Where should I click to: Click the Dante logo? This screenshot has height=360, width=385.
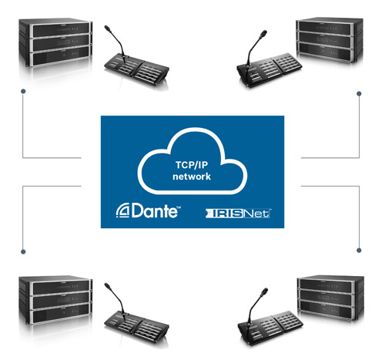point(148,210)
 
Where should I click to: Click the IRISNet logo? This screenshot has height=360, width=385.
point(238,214)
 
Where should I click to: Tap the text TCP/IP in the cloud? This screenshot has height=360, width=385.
point(192,165)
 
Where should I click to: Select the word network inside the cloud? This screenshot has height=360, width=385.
point(192,177)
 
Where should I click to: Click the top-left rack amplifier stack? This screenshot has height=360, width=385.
point(55,42)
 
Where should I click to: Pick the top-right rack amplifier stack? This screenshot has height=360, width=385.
point(330,40)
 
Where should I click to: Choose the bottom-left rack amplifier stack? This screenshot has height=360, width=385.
point(55,300)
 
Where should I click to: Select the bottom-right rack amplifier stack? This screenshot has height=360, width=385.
point(330,298)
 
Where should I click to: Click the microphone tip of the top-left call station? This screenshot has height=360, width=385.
point(106,28)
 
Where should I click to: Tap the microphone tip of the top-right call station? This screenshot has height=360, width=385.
point(264,33)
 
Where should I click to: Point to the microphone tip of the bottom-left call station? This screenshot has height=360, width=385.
point(106,285)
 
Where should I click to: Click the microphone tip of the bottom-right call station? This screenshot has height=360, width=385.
point(265,291)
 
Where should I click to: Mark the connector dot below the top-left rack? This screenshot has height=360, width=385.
point(23,91)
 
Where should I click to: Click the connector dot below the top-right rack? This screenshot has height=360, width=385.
point(359,94)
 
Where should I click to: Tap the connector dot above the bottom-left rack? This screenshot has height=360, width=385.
point(23,251)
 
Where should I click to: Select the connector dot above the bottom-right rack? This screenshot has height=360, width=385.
point(359,250)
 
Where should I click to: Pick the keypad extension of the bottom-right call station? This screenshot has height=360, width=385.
point(287,321)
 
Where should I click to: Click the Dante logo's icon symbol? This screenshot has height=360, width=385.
point(123,210)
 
